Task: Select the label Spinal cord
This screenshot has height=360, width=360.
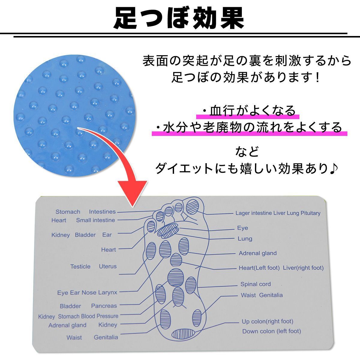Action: click(255, 284)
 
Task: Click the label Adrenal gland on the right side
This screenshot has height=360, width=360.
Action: click(258, 253)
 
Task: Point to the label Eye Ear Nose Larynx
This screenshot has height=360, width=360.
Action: click(87, 292)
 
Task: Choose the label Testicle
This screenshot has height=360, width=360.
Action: click(80, 266)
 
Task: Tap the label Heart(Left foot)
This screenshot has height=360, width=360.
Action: click(259, 268)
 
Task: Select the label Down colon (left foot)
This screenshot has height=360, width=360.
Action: click(271, 331)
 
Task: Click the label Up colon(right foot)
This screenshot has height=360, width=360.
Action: click(267, 321)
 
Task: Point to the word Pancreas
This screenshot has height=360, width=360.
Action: click(104, 306)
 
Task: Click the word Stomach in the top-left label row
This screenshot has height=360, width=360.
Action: click(68, 212)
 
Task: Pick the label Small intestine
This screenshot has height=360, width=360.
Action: click(95, 220)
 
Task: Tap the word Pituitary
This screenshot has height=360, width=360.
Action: click(310, 213)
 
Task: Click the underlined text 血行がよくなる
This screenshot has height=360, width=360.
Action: click(252, 111)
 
